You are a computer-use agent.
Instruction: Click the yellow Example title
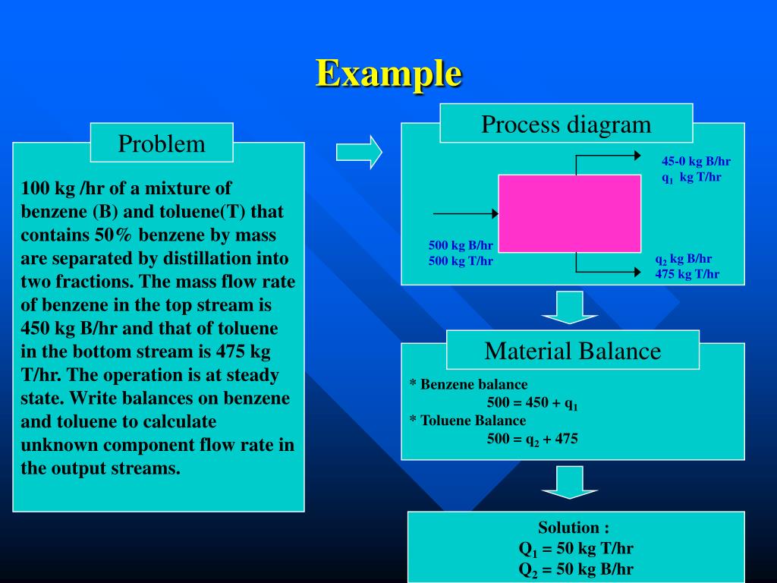(388, 74)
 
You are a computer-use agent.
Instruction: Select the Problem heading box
(162, 143)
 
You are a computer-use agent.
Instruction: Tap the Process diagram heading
(566, 124)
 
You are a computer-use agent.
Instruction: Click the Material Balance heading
(573, 351)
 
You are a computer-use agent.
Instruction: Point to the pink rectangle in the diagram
(569, 213)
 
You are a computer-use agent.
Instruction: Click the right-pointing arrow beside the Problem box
(359, 152)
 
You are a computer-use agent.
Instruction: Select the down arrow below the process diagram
(570, 307)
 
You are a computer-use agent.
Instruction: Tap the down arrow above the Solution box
(570, 482)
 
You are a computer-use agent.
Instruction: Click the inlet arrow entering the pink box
(465, 214)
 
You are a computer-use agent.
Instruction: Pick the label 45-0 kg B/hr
(696, 161)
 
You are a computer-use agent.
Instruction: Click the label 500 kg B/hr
(461, 245)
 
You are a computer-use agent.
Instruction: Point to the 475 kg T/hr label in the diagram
(687, 274)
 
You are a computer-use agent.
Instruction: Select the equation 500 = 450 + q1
(532, 403)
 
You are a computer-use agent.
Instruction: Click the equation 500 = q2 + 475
(532, 438)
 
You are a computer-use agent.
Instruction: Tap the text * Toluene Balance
(467, 421)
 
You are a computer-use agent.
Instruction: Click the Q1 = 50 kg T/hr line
(576, 549)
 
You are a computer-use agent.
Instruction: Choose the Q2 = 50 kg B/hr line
(576, 569)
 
